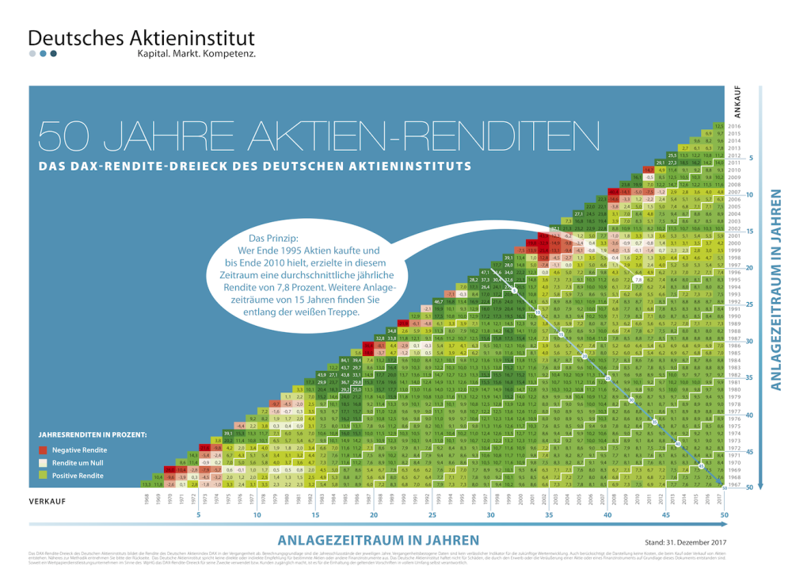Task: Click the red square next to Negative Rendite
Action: click(x=43, y=450)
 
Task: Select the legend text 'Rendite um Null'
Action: click(x=78, y=462)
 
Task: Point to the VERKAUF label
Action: click(x=48, y=502)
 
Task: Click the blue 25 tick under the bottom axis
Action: click(x=432, y=515)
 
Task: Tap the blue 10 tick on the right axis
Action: click(x=750, y=194)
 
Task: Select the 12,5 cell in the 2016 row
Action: click(x=718, y=126)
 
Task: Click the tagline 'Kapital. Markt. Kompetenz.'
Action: click(x=196, y=55)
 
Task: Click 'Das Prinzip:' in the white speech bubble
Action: click(x=273, y=237)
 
